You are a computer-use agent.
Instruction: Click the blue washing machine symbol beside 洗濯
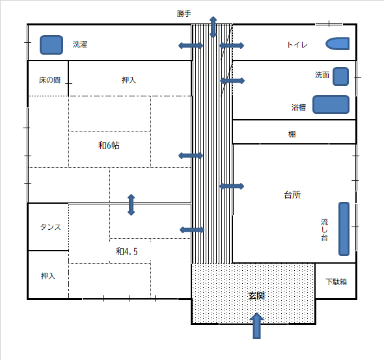click(x=51, y=45)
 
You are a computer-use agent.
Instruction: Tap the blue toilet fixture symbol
click(x=337, y=44)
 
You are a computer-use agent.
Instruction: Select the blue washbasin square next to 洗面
click(x=340, y=76)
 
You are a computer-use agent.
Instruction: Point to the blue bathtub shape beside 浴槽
click(x=331, y=104)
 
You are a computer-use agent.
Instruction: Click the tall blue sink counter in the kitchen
click(x=344, y=228)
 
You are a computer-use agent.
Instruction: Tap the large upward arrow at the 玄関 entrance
click(x=256, y=325)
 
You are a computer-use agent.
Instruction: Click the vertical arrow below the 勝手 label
click(x=213, y=27)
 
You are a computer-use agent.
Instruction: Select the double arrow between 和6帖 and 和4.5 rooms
click(x=131, y=204)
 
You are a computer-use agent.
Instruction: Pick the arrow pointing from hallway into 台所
click(x=232, y=186)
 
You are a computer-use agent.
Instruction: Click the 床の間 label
click(x=49, y=80)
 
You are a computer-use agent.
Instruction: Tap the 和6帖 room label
click(x=109, y=145)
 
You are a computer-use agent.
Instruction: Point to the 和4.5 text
click(x=127, y=251)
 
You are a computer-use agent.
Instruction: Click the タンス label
click(x=50, y=227)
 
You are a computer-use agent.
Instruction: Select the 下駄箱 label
click(x=336, y=282)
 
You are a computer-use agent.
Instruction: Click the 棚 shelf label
click(x=292, y=134)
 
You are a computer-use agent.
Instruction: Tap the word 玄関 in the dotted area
click(x=256, y=296)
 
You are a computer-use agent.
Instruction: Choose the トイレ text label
click(x=297, y=45)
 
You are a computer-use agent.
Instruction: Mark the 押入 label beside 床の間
click(x=129, y=80)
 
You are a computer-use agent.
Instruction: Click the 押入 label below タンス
click(x=48, y=276)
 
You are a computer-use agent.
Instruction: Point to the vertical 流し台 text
click(x=325, y=230)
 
